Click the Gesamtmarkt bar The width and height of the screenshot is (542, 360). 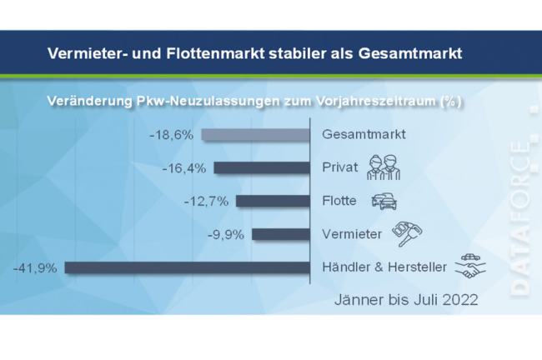256,135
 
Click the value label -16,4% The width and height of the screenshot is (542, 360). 184,167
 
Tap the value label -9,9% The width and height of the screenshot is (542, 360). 224,234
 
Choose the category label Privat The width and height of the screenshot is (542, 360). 339,167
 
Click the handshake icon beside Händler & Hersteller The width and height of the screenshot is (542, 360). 471,267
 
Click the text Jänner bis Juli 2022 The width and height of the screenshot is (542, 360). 406,300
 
